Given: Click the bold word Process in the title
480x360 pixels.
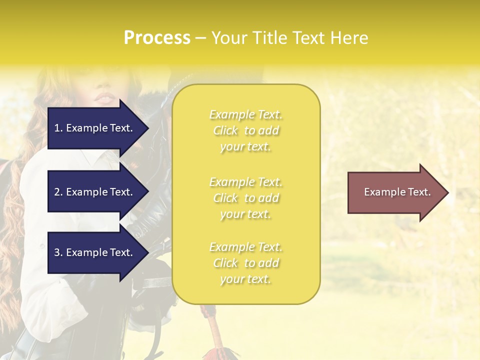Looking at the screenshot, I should click(157, 38).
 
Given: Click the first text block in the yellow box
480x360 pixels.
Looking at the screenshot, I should click(245, 130).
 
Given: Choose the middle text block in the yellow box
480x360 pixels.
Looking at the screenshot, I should click(245, 198).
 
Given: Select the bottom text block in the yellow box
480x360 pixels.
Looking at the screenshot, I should click(245, 263).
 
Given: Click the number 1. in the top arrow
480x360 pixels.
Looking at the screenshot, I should click(58, 128).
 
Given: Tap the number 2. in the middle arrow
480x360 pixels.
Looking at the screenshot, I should click(58, 192).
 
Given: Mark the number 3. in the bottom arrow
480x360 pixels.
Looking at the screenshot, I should click(58, 253).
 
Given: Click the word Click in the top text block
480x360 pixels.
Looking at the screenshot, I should click(225, 131).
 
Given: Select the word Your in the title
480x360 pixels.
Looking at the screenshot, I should click(228, 38).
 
